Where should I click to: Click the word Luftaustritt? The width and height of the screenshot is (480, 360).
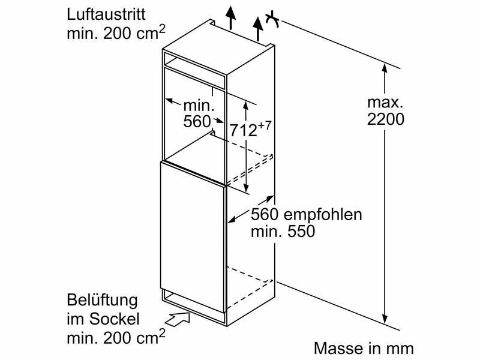(x=105, y=13)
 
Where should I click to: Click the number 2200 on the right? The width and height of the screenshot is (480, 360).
(x=385, y=119)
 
